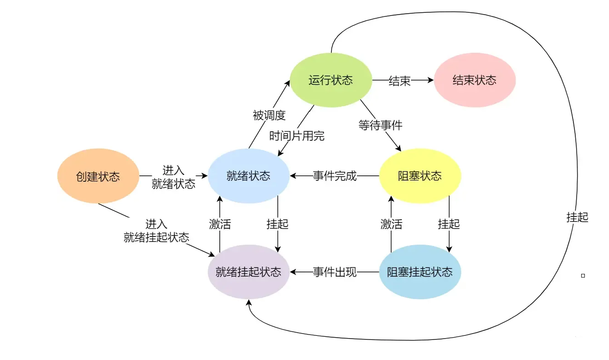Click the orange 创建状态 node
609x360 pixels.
tap(98, 176)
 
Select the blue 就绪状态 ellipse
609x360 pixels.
tap(248, 176)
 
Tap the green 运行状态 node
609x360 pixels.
tap(331, 80)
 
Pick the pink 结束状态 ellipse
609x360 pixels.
tap(475, 80)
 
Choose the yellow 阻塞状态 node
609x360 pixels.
tap(420, 176)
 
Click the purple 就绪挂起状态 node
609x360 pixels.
tap(248, 272)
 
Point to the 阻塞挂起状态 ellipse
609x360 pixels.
tap(420, 272)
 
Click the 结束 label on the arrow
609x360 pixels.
tap(400, 81)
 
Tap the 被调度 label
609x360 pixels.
tap(269, 115)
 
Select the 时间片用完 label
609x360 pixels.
tap(297, 136)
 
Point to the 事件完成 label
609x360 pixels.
tap(335, 176)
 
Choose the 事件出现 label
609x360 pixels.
tap(335, 273)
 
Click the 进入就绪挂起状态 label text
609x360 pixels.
tap(156, 231)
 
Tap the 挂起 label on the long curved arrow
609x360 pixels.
tap(577, 217)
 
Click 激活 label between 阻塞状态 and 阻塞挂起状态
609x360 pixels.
tap(392, 224)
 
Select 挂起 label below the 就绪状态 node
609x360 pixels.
tap(278, 224)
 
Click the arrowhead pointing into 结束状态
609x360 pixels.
tap(430, 80)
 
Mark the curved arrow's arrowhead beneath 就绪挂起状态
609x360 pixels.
tap(249, 303)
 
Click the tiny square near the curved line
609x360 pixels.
tap(583, 276)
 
